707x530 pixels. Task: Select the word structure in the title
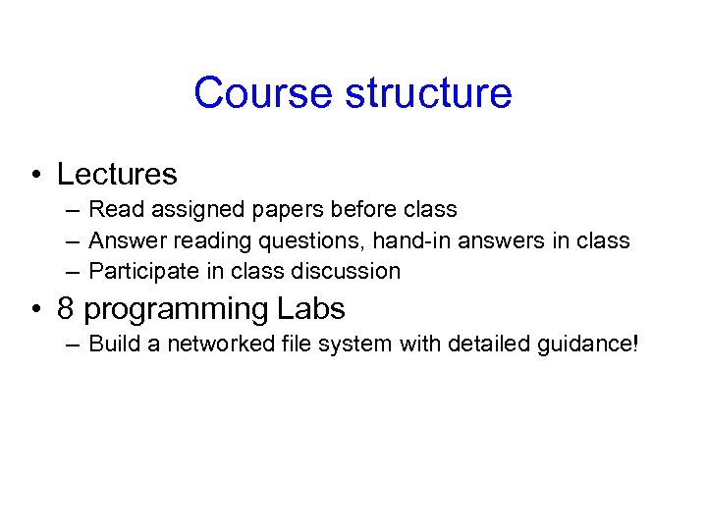coord(427,93)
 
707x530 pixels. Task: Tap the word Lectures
coord(117,175)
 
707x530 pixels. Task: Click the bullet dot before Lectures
coord(34,176)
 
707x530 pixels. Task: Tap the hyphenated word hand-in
coord(406,240)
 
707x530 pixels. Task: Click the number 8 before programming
coord(66,309)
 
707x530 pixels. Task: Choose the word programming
coord(176,309)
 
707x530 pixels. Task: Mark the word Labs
coord(310,309)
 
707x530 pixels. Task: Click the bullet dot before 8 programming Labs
coord(34,310)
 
